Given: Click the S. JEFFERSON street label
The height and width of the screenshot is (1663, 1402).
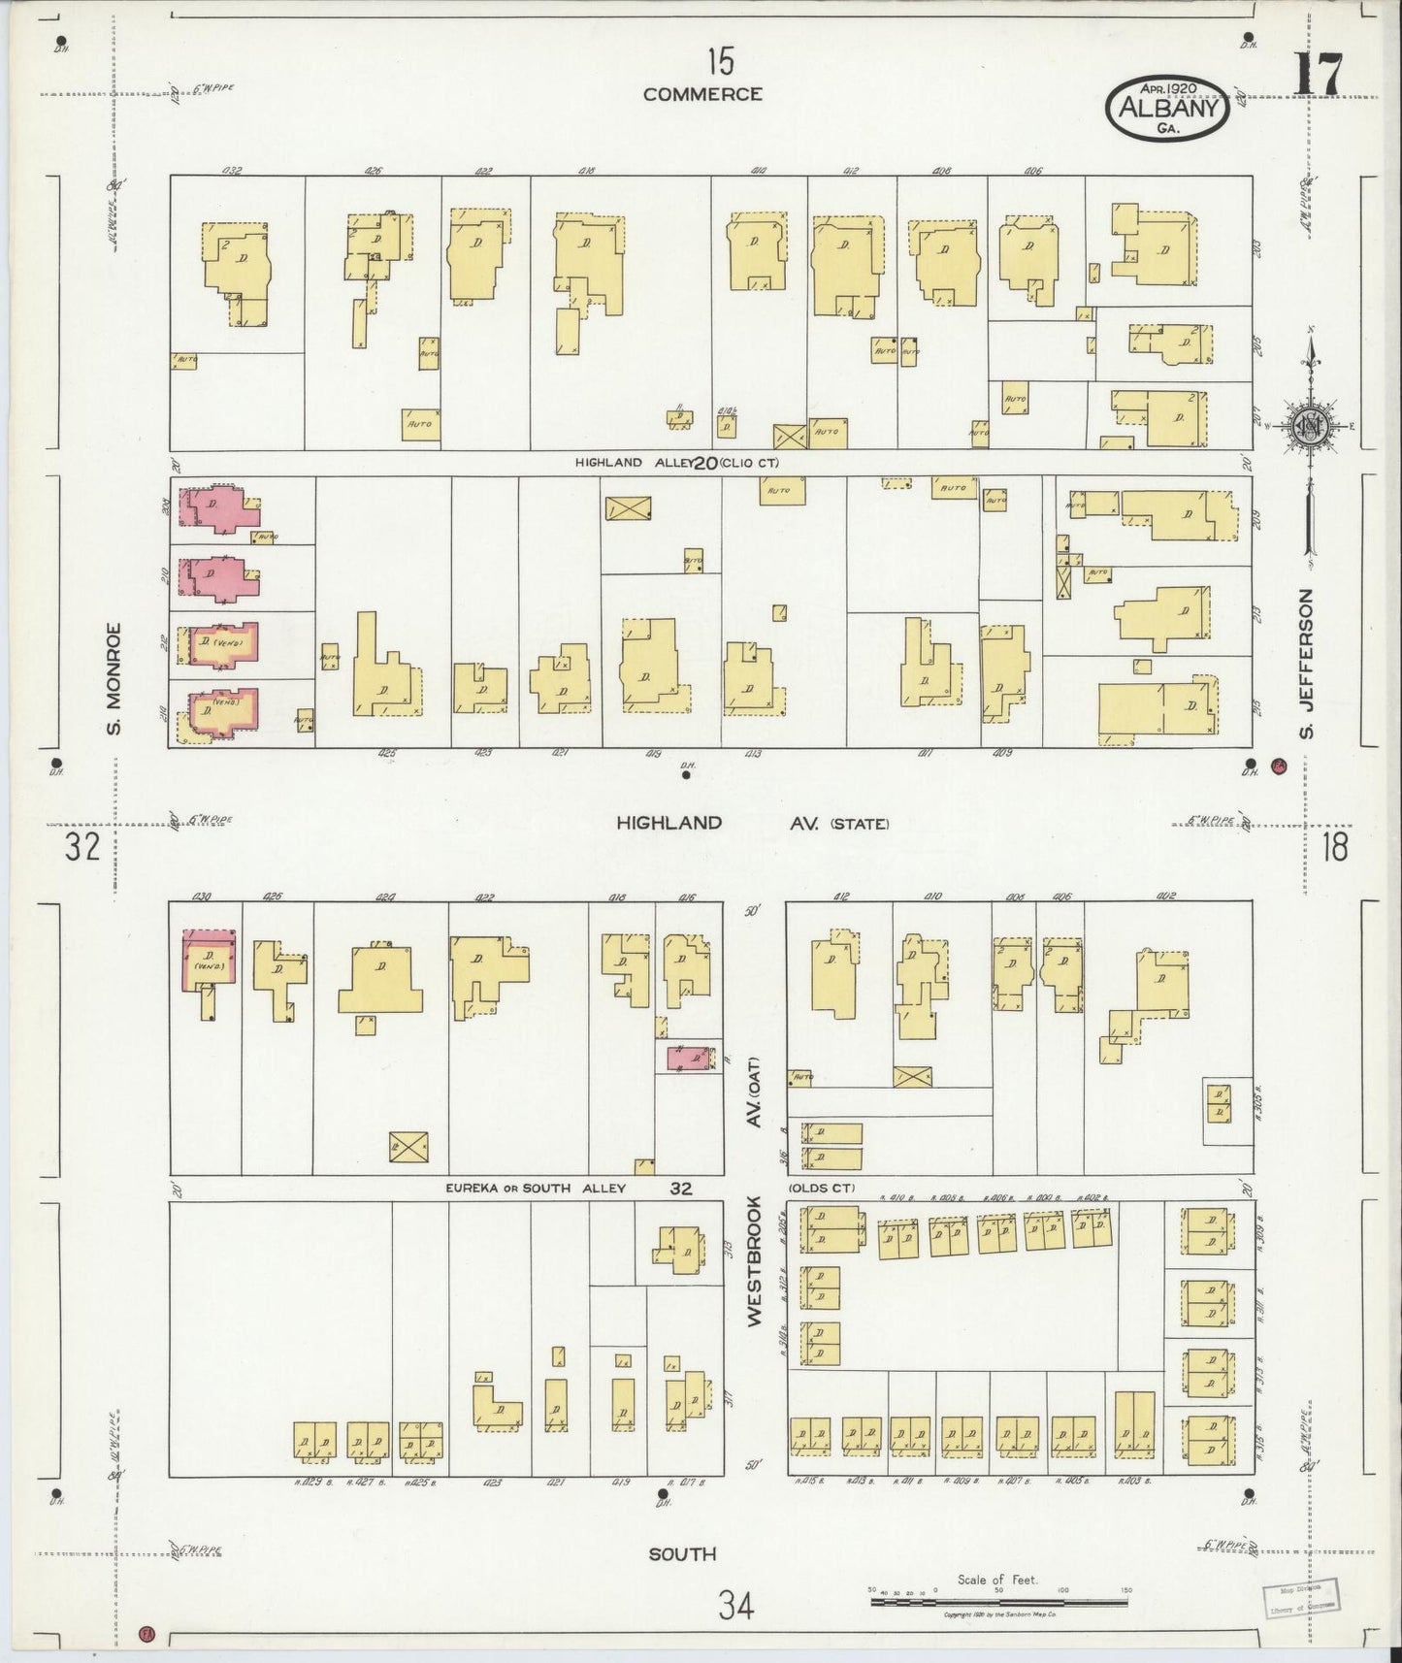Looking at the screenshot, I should click(1306, 663).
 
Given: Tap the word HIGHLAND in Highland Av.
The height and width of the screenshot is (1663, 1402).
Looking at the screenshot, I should click(669, 823).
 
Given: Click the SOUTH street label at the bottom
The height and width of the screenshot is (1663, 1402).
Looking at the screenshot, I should click(682, 1553).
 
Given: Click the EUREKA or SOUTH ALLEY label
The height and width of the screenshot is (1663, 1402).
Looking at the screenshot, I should click(536, 1188).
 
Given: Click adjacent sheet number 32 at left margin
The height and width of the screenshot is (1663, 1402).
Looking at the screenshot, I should click(82, 849).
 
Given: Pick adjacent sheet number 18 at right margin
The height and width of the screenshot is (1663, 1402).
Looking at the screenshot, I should click(1334, 848).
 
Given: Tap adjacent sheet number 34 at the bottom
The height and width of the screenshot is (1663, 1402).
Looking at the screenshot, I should click(734, 1606).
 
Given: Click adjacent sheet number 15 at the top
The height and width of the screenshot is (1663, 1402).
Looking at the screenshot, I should click(719, 62).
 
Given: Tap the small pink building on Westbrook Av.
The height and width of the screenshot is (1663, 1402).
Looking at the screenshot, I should click(690, 1057).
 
